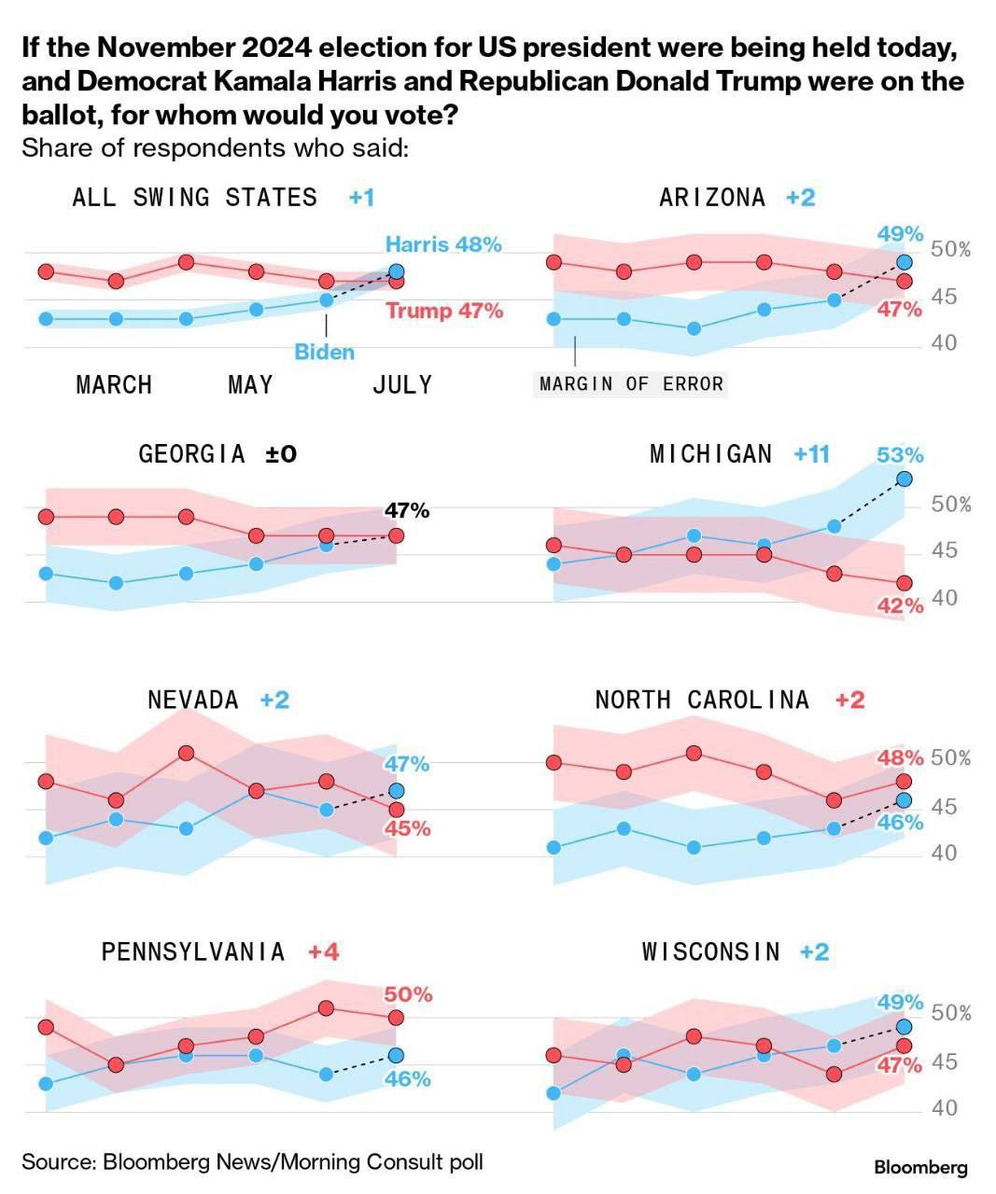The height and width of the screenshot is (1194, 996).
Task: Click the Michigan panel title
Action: click(710, 454)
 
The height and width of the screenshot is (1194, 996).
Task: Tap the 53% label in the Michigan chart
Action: click(900, 455)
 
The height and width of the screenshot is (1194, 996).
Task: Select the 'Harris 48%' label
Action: click(443, 244)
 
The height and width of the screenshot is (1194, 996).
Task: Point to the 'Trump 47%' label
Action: click(444, 311)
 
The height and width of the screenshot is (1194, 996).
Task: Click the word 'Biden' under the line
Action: click(324, 353)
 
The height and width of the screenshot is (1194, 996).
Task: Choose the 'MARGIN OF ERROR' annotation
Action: click(631, 383)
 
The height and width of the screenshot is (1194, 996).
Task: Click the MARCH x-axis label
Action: click(114, 384)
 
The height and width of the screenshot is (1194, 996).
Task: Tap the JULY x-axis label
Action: click(402, 384)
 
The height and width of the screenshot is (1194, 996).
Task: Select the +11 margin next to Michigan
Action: click(811, 454)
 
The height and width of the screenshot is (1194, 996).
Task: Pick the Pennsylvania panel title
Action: click(193, 951)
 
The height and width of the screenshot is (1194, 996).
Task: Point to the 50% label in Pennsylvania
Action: click(408, 994)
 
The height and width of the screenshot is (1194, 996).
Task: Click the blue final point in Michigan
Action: click(904, 479)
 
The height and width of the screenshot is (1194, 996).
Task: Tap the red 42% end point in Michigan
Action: click(904, 583)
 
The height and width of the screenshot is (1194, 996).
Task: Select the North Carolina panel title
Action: click(702, 700)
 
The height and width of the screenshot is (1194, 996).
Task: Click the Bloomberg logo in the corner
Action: click(920, 1167)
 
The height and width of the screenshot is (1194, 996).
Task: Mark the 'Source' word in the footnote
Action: click(58, 1161)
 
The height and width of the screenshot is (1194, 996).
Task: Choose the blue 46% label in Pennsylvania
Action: click(408, 1079)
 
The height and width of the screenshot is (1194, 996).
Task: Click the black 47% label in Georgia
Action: click(407, 510)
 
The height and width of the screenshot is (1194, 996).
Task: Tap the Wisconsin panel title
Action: click(710, 951)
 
